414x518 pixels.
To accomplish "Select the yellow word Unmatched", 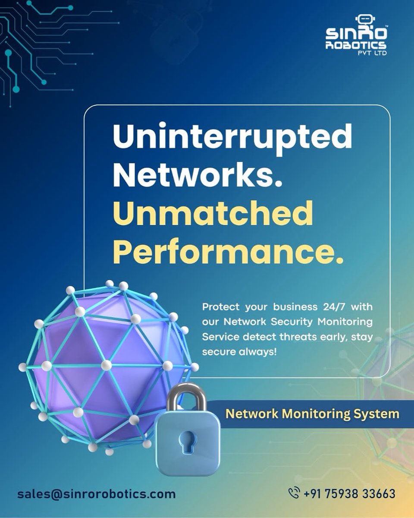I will point(213,215).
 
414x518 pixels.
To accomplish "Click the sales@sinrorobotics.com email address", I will point(96,494).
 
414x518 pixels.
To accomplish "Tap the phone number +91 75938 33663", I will point(349,493).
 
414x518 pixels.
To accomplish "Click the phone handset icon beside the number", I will point(294,493).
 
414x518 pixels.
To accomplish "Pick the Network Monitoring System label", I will point(312,414).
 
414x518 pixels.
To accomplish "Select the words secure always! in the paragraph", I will point(239,352).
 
